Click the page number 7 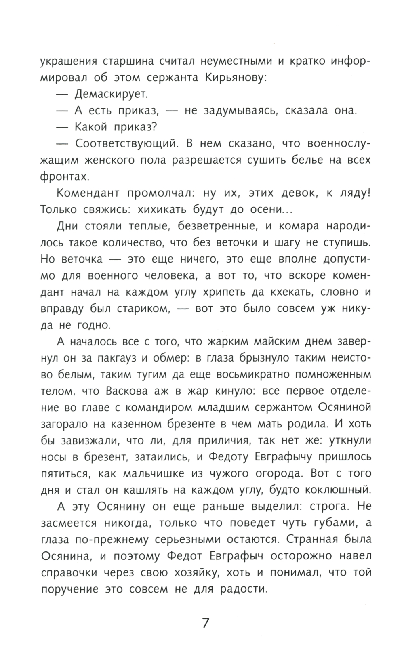(x=205, y=623)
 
